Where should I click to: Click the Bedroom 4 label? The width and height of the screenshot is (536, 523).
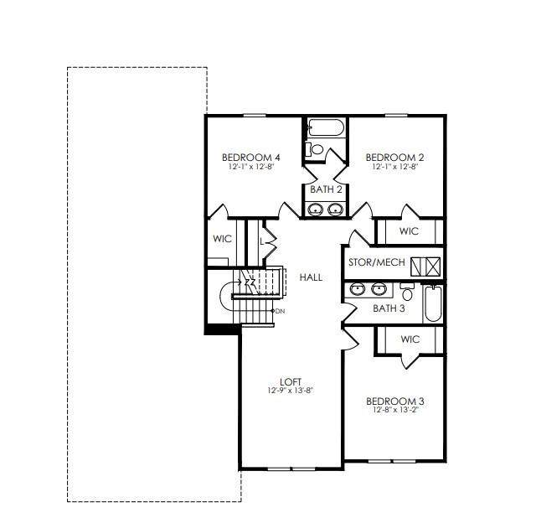point(251,158)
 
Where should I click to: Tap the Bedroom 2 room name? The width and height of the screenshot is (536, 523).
point(394,158)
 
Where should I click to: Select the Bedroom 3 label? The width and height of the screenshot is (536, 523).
point(395,401)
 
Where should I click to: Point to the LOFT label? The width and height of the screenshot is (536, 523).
point(291,381)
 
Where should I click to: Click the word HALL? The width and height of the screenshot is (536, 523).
point(311,277)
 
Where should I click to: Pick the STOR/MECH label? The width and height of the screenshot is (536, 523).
point(377,262)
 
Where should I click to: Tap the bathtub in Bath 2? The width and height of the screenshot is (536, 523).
point(325,127)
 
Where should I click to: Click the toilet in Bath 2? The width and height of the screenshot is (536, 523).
point(315,149)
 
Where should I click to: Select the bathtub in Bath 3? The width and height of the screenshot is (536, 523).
point(433,303)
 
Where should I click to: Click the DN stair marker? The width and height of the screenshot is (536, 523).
point(280,311)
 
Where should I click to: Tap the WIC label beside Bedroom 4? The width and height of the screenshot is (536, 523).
point(222,238)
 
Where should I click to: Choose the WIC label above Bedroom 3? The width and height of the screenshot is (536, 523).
point(410,339)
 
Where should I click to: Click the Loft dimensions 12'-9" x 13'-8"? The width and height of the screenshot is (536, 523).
point(291,391)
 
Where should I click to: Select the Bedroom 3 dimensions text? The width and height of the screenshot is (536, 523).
point(395,410)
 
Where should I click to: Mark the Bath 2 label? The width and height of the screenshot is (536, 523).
point(326,189)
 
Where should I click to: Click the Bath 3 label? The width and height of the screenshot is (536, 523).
point(389,308)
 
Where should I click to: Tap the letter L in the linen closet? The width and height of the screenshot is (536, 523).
point(261,241)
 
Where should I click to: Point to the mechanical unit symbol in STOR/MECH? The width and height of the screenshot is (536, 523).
point(425,267)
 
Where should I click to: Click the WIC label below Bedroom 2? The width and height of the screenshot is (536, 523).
point(409,230)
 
